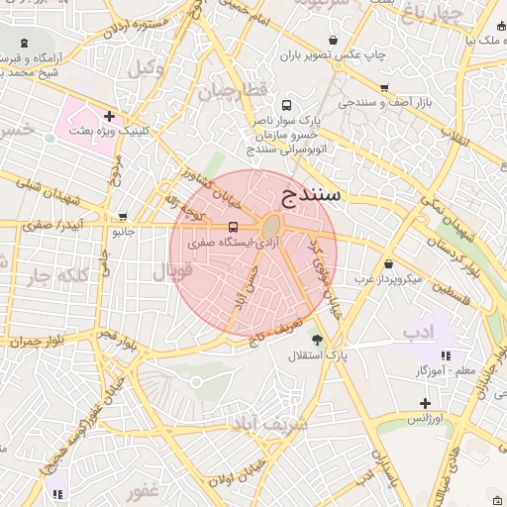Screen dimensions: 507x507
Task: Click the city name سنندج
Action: (311, 193)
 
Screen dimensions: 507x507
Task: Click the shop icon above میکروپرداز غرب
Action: (387, 264)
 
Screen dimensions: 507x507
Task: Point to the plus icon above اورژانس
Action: (425, 403)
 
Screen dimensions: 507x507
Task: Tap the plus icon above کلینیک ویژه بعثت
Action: (109, 117)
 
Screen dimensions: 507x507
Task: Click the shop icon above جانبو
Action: (123, 217)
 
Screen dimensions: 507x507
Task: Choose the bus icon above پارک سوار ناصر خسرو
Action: (287, 105)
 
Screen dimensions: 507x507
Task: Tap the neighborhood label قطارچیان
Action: (233, 91)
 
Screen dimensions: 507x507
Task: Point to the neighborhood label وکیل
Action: (146, 67)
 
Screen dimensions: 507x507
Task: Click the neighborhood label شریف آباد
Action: (270, 424)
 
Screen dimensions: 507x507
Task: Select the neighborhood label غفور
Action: (143, 490)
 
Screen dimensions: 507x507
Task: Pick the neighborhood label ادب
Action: (419, 332)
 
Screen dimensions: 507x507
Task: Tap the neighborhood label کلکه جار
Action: (51, 275)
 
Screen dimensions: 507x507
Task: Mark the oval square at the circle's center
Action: (269, 227)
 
